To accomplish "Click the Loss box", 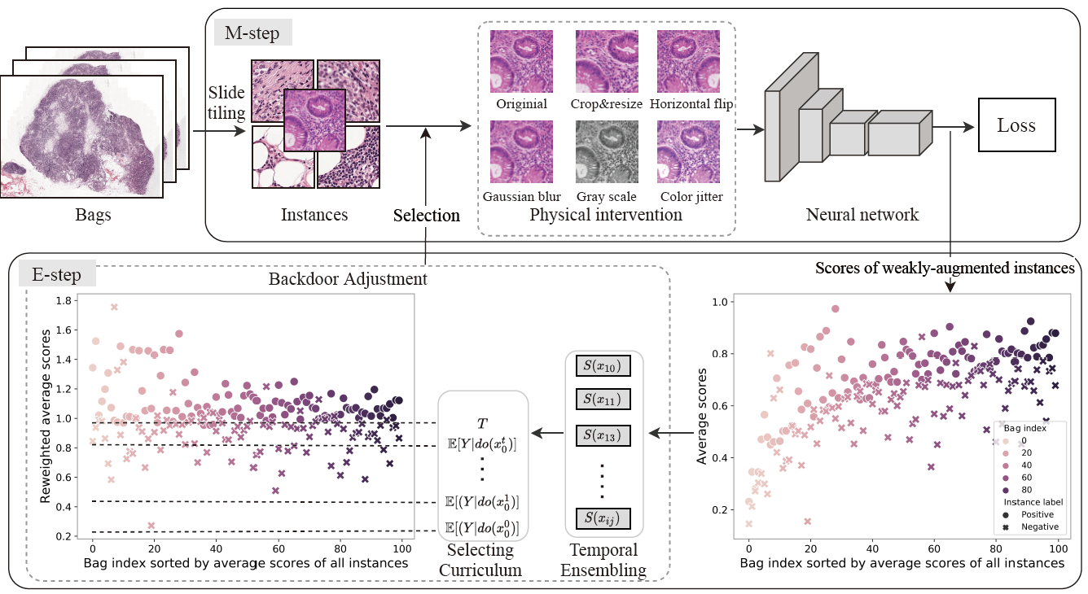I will (x=1016, y=125).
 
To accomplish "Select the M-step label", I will (x=252, y=34).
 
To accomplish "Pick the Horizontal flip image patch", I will (x=688, y=62).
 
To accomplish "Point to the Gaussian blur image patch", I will (x=521, y=152).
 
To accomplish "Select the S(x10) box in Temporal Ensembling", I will (x=603, y=367).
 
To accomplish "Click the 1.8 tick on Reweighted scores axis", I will (x=60, y=300).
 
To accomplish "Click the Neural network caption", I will (x=862, y=215).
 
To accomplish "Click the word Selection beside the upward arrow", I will (x=426, y=216).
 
